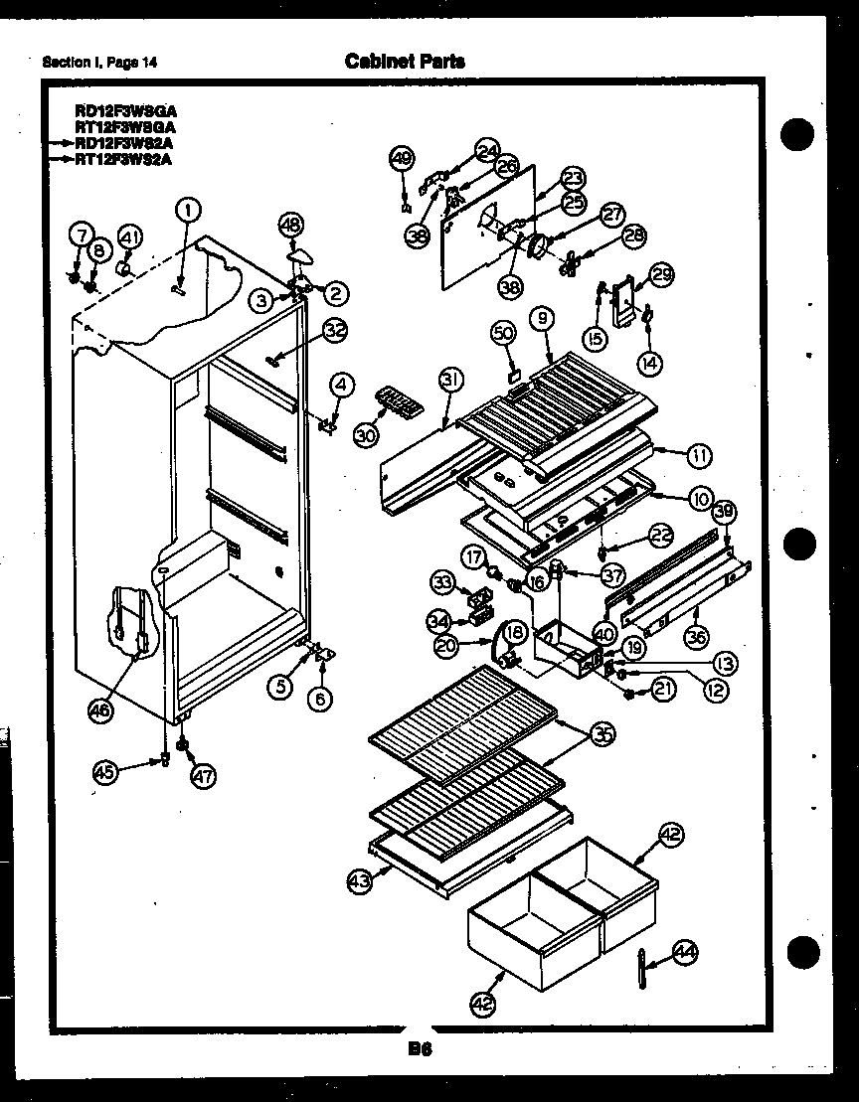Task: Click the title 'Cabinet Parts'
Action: [x=405, y=62]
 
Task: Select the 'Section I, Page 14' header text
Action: [x=99, y=64]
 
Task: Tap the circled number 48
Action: [x=289, y=225]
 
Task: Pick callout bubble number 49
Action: [x=402, y=158]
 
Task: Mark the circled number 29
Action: [x=661, y=274]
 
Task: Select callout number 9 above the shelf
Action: [x=542, y=318]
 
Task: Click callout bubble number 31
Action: [x=451, y=379]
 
